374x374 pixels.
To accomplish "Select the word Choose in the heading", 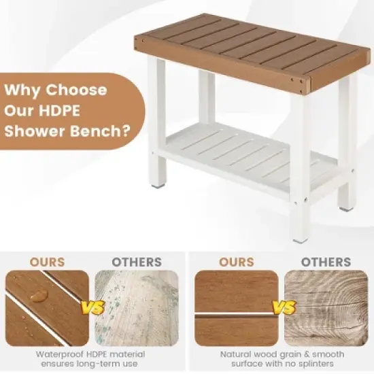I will [76, 90].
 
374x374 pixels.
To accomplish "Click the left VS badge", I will [93, 308].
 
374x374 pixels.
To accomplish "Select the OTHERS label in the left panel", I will [137, 262].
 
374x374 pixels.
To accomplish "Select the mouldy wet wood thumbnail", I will [137, 307].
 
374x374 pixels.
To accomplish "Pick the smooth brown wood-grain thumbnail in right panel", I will [237, 307].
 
